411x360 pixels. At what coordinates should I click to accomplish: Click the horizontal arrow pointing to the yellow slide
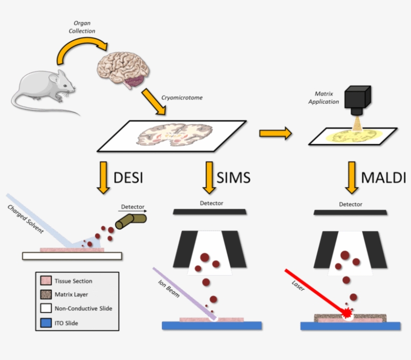click(x=275, y=133)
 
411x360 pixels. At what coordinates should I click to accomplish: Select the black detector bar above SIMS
click(x=210, y=212)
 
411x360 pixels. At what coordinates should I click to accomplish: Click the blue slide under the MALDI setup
click(x=350, y=326)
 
